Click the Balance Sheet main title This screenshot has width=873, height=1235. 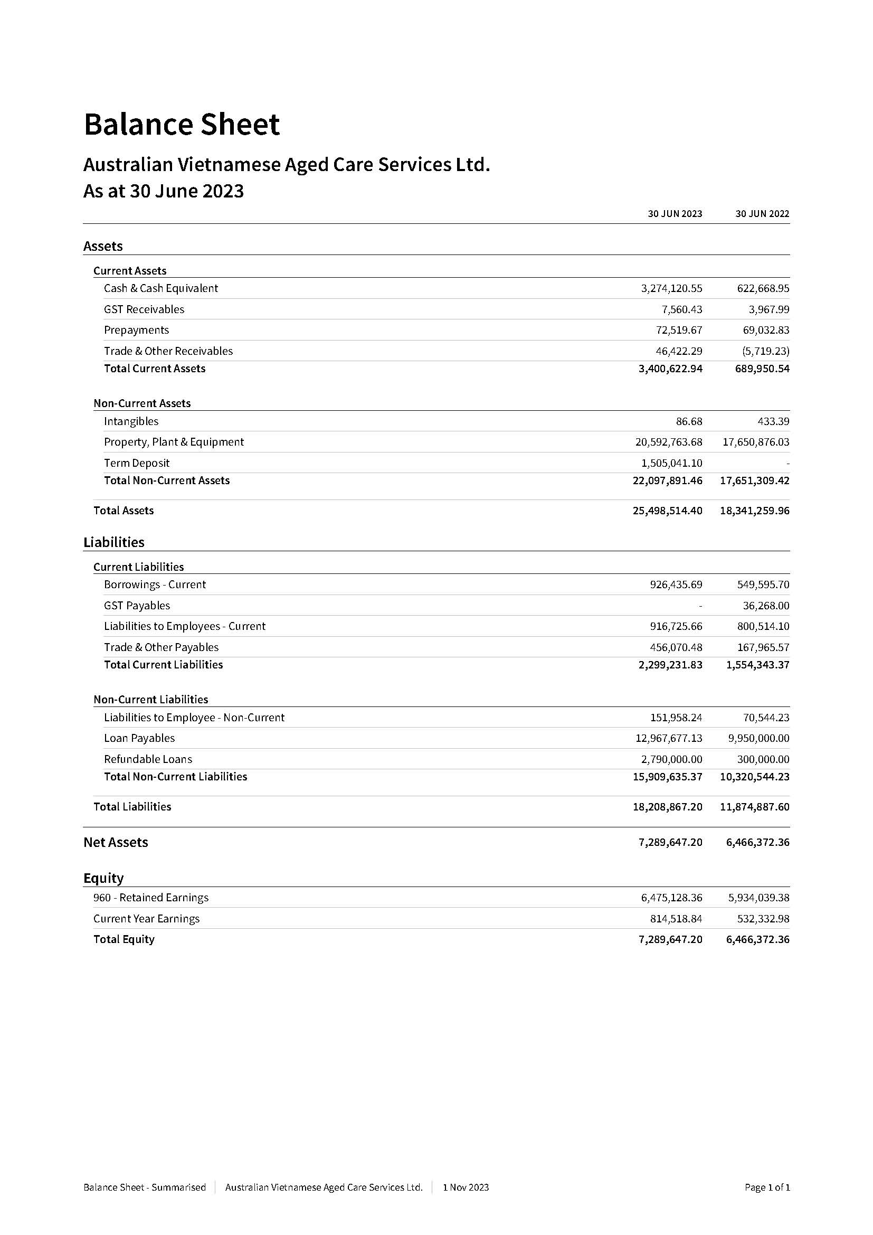click(x=182, y=124)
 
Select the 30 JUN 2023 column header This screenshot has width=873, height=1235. click(x=675, y=214)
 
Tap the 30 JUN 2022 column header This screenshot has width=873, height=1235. click(x=762, y=214)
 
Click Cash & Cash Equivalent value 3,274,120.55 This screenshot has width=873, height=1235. click(x=671, y=288)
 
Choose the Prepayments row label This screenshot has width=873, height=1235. click(x=137, y=330)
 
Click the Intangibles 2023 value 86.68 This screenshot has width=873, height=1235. click(x=689, y=421)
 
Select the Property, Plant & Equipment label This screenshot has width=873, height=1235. click(x=174, y=442)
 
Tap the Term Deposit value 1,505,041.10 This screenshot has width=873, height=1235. click(x=671, y=463)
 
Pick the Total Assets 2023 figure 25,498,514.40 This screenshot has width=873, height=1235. click(x=667, y=511)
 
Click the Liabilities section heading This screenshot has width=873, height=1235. click(x=114, y=542)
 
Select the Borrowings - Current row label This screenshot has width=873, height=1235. click(x=155, y=584)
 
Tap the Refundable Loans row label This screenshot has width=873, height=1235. click(x=148, y=759)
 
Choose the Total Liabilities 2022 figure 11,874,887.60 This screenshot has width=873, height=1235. click(x=755, y=806)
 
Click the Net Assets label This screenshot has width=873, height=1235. click(x=116, y=842)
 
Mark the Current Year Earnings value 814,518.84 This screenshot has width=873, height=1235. click(x=676, y=919)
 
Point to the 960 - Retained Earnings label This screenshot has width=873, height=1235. click(x=150, y=898)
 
